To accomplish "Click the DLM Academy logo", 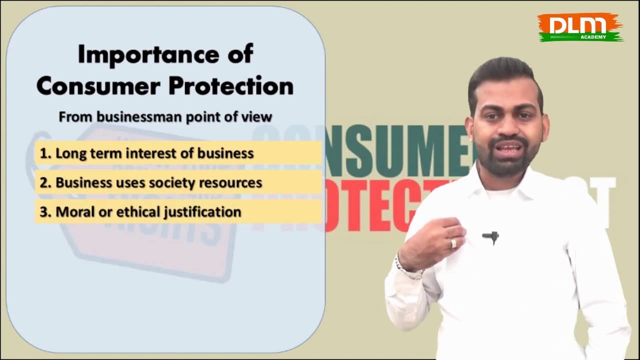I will click(580, 27).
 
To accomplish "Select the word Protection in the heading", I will click(230, 86).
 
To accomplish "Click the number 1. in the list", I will click(45, 153).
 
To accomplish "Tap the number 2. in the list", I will click(45, 183).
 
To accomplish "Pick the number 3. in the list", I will click(45, 212).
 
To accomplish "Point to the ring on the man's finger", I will click(453, 243).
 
